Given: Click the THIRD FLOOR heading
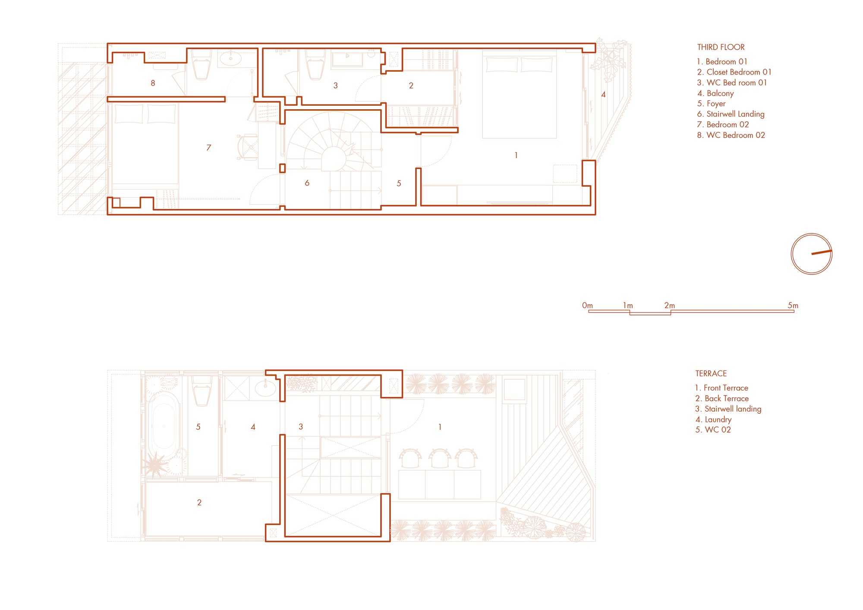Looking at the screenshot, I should (x=721, y=47).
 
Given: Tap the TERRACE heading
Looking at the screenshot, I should (x=711, y=374).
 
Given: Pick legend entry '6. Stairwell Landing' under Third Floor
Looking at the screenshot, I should (x=731, y=114).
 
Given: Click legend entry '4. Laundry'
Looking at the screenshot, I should (x=713, y=419).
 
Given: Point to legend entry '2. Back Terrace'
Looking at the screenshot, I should (x=722, y=399).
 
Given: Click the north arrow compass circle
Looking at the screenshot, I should (x=811, y=254).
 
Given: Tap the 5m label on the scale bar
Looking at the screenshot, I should (x=793, y=305).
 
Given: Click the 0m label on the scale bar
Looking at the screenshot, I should (x=587, y=305).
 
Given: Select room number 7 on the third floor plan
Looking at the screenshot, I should (x=208, y=148).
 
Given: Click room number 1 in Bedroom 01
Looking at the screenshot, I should (x=516, y=155).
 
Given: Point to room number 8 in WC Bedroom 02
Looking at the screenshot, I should (x=153, y=83).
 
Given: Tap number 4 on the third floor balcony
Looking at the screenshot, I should (x=603, y=94).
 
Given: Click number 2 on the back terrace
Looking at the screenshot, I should (x=199, y=503).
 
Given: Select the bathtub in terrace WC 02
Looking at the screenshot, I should (x=164, y=426).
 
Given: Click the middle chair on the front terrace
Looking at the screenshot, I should (x=439, y=458).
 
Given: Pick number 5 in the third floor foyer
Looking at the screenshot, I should (x=399, y=184).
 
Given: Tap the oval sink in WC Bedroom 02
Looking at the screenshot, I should (x=230, y=58).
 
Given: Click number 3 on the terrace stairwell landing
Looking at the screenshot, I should (x=301, y=427).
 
